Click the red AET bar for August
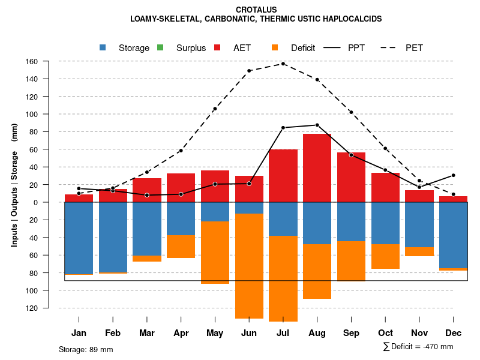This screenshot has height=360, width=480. click(x=317, y=168)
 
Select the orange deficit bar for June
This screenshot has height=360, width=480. click(x=249, y=266)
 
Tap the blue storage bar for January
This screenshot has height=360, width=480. click(x=79, y=238)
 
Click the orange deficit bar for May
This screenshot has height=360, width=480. click(x=215, y=253)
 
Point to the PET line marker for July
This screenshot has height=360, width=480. click(x=283, y=64)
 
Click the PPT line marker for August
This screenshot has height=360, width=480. click(x=317, y=125)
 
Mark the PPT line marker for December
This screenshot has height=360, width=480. click(x=453, y=175)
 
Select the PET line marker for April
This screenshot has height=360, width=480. click(x=181, y=151)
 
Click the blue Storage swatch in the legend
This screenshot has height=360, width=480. click(x=103, y=47)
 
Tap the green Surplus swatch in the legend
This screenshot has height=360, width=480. click(x=160, y=47)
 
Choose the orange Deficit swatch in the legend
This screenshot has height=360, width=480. click(x=275, y=47)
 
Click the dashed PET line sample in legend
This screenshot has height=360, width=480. click(x=390, y=47)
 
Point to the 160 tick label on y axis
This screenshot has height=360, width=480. click(x=49, y=61)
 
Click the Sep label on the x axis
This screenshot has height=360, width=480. click(x=351, y=333)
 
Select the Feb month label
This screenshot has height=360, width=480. click(x=113, y=333)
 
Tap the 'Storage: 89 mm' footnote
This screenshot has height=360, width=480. click(x=86, y=349)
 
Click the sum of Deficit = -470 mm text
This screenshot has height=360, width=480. click(x=418, y=347)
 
